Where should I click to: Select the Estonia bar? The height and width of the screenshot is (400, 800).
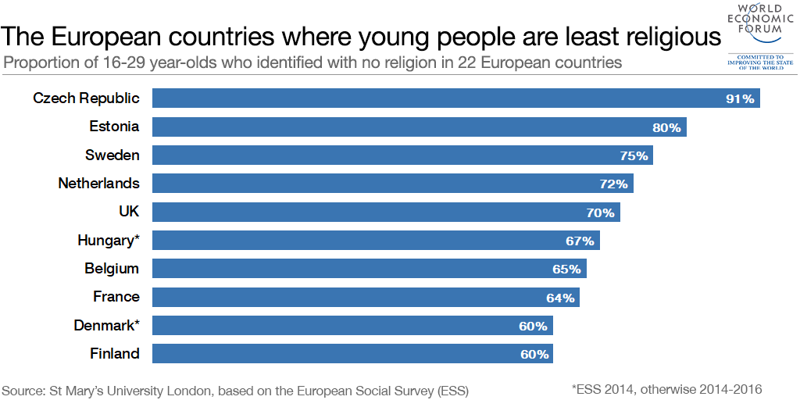pos(419,127)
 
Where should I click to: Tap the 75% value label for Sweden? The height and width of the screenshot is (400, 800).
pos(634,155)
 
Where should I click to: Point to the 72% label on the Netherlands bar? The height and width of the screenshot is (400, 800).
pos(614,184)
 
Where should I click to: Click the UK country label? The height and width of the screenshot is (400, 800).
pos(128,212)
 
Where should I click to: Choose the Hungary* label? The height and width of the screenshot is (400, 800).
pos(109,240)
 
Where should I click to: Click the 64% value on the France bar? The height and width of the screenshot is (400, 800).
pos(560,298)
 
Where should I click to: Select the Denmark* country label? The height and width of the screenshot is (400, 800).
pos(106,325)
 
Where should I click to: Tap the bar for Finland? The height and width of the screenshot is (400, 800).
pos(352,354)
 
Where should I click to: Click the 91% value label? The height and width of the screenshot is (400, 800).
pos(740,99)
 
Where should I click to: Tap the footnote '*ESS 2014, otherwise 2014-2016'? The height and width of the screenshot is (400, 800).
pos(666,388)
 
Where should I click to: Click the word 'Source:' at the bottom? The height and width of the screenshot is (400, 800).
pos(23,389)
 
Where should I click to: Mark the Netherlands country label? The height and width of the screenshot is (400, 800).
pos(98,184)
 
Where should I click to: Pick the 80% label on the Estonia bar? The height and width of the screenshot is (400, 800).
pos(666,127)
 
